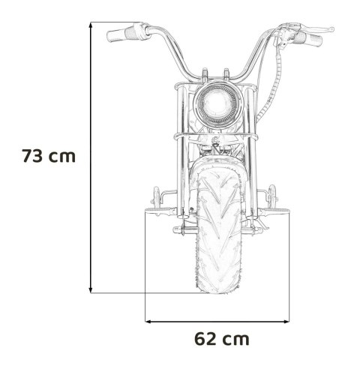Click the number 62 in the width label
208,338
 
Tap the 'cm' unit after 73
64,157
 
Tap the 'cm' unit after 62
238,338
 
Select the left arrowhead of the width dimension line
148,320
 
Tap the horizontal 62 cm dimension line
217,320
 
